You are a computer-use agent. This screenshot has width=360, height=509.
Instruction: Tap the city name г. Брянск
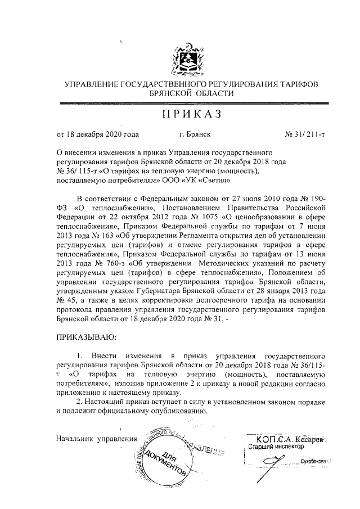point(195,135)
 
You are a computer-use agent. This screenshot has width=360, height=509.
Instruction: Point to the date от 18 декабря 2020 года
point(97,135)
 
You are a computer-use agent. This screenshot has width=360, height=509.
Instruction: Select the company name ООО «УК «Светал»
point(201,182)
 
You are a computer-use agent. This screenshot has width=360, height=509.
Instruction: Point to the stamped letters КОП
point(265,438)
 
